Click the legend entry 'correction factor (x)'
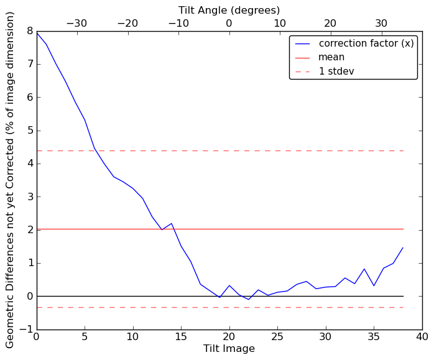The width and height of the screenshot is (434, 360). [366, 44]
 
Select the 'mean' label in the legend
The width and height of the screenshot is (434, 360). [331, 57]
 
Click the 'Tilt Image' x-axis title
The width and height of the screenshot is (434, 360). [229, 349]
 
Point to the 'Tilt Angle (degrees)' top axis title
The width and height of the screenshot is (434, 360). [229, 10]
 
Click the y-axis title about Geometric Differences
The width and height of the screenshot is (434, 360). [10, 180]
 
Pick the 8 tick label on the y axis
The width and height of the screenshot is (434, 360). [29, 31]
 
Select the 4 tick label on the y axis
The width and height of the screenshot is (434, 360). [29, 164]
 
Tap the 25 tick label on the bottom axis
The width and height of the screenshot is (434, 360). [277, 336]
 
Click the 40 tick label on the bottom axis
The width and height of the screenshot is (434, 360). [422, 336]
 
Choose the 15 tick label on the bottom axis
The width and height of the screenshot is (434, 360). [181, 336]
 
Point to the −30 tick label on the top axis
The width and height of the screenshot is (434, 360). [76, 24]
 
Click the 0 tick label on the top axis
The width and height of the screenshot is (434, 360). [229, 24]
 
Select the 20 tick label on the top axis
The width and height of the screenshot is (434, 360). [330, 24]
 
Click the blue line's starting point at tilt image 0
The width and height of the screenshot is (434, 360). [37, 32]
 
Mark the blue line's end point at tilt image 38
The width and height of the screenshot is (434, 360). [403, 247]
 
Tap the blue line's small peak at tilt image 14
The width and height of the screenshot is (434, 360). [172, 223]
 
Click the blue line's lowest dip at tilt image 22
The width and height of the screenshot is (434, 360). [249, 300]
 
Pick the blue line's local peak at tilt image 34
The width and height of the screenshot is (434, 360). [364, 269]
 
